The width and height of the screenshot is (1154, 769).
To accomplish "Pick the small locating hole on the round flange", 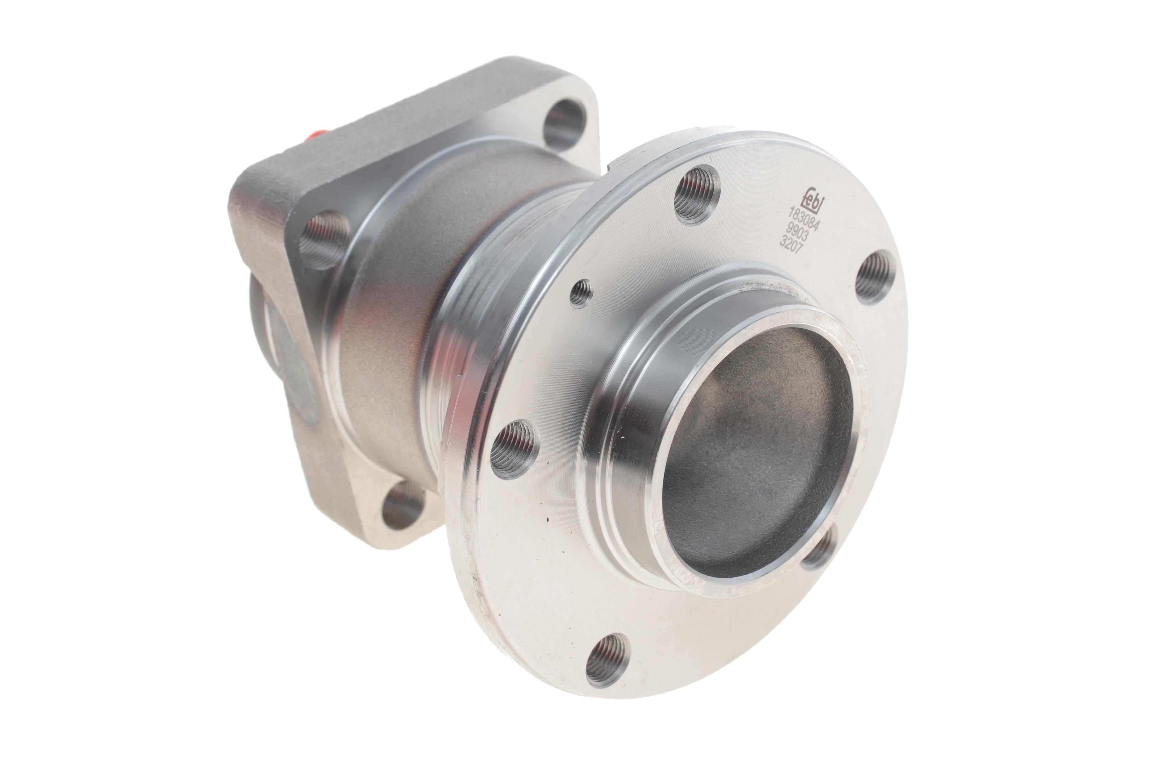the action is pos(581,293).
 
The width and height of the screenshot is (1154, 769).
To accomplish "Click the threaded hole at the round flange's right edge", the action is pos(875,277).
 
